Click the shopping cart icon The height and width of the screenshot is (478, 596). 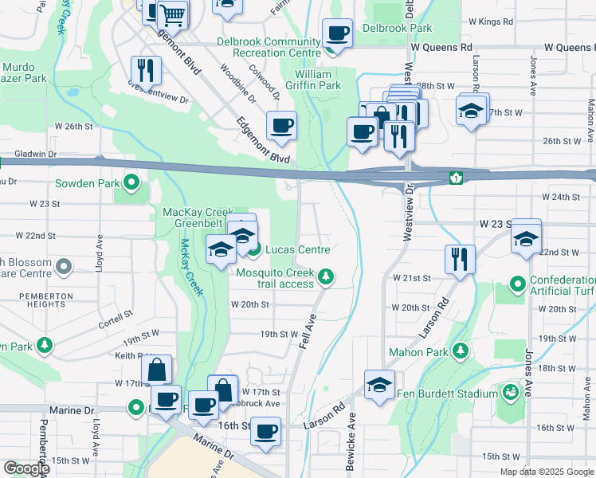(x=172, y=14)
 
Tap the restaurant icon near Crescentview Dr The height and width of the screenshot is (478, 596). (x=147, y=69)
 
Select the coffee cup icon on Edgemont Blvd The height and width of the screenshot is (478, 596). (x=280, y=126)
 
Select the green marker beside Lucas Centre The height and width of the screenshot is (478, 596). (x=253, y=250)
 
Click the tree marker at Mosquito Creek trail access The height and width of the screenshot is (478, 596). (x=325, y=276)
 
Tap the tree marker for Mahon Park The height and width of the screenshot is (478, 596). (x=460, y=351)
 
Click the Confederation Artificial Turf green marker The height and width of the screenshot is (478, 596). (x=518, y=283)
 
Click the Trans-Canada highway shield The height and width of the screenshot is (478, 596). (x=457, y=177)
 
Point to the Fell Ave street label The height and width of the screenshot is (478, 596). (x=308, y=328)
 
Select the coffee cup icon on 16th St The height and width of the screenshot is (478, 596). (x=265, y=431)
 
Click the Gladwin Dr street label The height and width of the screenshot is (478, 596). (x=29, y=153)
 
